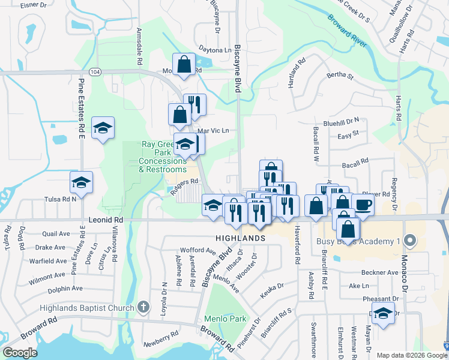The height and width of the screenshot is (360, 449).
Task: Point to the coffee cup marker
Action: pos(363,205)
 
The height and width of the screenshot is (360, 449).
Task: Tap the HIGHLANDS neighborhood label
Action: pos(241,238)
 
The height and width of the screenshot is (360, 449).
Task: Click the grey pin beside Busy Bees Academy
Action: pos(411,241)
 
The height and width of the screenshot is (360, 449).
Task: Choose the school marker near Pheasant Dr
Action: pos(383,313)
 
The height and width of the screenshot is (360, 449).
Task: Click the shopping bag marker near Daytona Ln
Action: pos(184,64)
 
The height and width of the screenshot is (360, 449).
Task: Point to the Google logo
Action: pos(20,353)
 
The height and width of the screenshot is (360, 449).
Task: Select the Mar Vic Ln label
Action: pos(214,130)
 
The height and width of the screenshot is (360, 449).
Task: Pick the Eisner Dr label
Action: pos(34,5)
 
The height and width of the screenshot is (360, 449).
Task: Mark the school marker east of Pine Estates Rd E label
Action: pos(103,128)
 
